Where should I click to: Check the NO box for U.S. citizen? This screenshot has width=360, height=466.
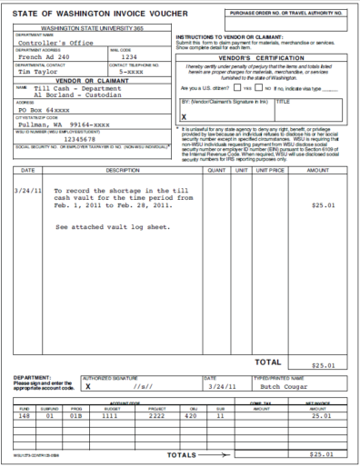[258, 88]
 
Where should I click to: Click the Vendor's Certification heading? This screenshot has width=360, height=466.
[260, 57]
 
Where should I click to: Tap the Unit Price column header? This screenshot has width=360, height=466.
[270, 170]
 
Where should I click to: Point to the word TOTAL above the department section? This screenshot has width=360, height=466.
[267, 361]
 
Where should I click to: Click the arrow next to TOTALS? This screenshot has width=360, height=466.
[221, 453]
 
